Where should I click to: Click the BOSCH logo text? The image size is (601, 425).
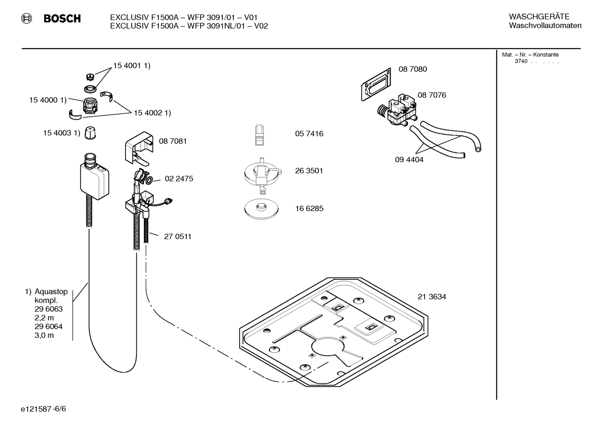(62, 18)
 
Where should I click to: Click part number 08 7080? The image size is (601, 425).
(413, 69)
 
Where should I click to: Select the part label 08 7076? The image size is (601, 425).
(432, 95)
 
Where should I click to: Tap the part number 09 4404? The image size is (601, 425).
(409, 159)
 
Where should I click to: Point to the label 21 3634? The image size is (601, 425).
(432, 297)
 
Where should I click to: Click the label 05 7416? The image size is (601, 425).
(309, 134)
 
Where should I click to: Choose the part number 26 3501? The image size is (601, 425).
(309, 171)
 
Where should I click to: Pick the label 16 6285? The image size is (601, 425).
(309, 209)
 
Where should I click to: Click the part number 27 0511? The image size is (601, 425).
(178, 236)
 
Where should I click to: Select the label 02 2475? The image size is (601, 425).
(179, 179)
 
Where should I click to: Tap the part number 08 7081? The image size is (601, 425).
(173, 141)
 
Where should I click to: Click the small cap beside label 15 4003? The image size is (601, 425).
(90, 133)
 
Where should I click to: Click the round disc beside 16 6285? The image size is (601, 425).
(261, 208)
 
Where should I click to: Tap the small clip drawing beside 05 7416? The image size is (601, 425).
(260, 135)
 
